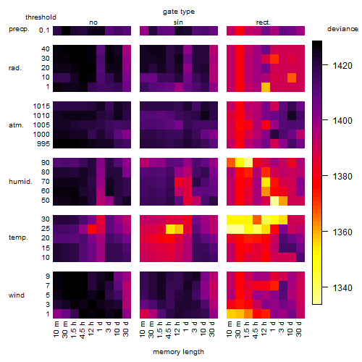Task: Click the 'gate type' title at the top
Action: (179, 12)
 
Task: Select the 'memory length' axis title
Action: (178, 352)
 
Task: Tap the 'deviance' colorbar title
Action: (342, 29)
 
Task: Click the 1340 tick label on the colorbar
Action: (342, 287)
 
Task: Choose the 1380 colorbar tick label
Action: (342, 177)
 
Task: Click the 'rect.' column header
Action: (264, 22)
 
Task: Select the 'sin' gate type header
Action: (178, 22)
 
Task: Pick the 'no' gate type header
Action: (93, 22)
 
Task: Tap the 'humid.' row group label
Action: (20, 182)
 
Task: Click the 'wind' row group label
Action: (17, 295)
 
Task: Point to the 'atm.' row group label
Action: (16, 125)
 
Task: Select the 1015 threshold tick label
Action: (41, 106)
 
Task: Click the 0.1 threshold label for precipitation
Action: (44, 30)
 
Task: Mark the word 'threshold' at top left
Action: (41, 17)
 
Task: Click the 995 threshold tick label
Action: (43, 144)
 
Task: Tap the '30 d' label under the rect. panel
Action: (299, 329)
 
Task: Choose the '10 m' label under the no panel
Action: (56, 329)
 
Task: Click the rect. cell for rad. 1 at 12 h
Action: (266, 87)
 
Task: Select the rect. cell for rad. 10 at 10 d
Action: (292, 77)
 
